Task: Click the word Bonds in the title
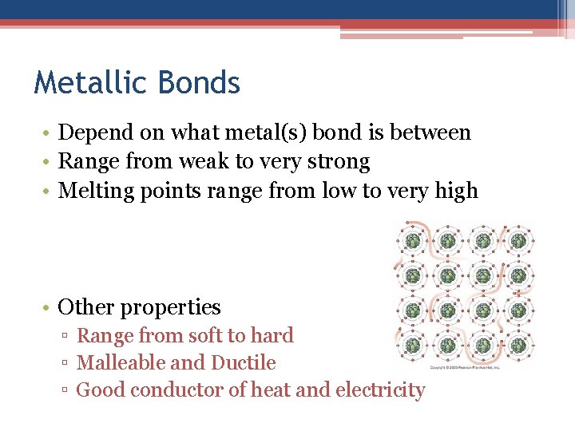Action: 200,82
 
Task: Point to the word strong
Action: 339,162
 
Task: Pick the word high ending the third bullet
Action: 455,192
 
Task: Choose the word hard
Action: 272,336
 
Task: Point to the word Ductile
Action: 244,363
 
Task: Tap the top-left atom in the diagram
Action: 413,240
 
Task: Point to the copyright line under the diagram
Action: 465,368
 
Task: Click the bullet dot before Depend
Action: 48,133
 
